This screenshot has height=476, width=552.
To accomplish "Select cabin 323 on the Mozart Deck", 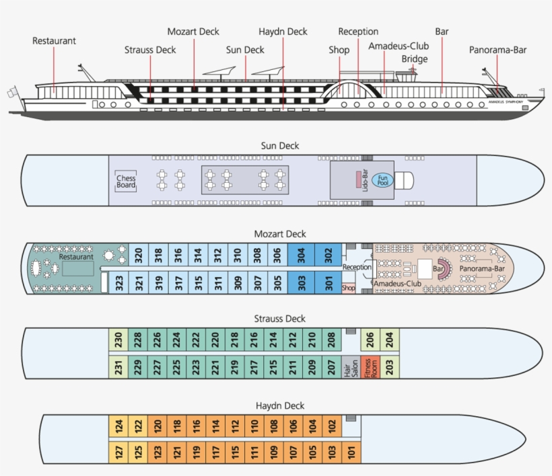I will coord(119,284).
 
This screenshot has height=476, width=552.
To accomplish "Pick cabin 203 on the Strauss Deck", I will coord(390,367).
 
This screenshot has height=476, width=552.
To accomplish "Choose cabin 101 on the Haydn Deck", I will coord(351,453).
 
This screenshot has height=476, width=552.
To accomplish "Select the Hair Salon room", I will coord(350,367).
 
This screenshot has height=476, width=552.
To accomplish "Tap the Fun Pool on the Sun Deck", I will coord(382,180).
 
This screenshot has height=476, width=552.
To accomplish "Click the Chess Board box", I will coord(126,182).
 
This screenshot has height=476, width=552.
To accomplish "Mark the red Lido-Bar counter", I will coord(358,180).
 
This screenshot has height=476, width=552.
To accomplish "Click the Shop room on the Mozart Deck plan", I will coord(348,288).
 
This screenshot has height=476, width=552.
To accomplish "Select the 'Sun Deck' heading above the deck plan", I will coord(280,145).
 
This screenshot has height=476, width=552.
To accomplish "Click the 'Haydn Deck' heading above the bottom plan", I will coord(280,405).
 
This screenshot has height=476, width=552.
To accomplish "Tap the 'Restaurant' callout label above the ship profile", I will coord(54,41).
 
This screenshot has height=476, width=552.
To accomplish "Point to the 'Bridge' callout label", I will coord(415,59).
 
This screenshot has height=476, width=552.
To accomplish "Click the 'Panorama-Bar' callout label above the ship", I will coord(497,50).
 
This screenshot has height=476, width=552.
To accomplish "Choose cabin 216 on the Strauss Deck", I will coord(254,340).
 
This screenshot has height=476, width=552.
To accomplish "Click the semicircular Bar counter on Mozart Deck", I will coord(443,269).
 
